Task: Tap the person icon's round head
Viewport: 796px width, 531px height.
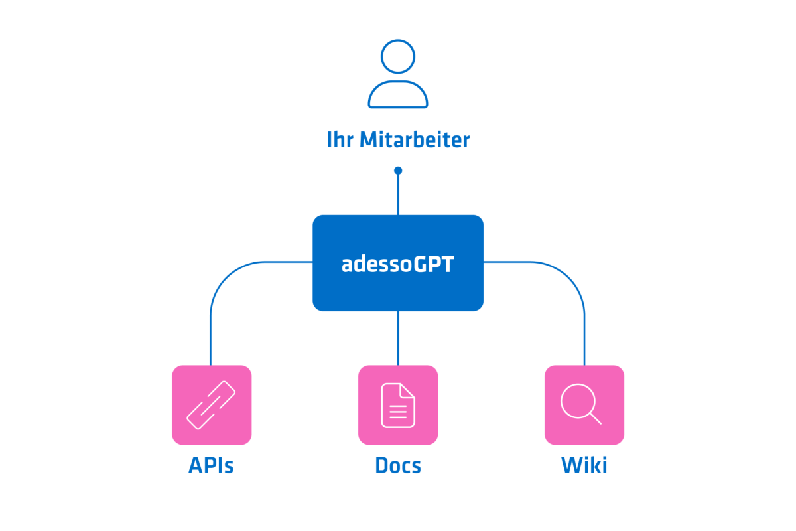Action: tap(398, 56)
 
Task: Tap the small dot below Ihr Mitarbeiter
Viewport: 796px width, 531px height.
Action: tap(398, 171)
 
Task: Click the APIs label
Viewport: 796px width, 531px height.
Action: tap(211, 465)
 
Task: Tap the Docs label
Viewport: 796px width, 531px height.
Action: tap(398, 465)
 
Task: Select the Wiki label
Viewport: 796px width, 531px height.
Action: tap(584, 465)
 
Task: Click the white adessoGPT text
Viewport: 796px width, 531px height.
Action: tap(398, 264)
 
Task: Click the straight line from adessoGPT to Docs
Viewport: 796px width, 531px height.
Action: tap(398, 339)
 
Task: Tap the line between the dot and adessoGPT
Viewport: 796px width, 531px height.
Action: tap(398, 194)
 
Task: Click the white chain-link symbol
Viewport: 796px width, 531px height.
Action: tap(212, 405)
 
